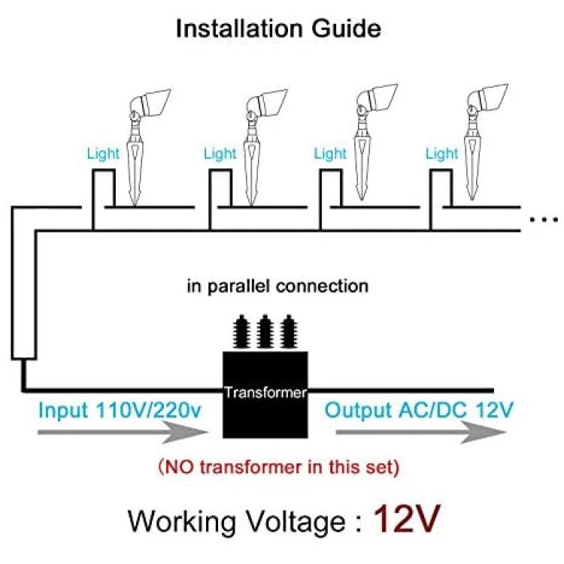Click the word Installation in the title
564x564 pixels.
click(x=238, y=29)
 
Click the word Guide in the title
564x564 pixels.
click(x=347, y=29)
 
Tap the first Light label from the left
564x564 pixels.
click(x=103, y=154)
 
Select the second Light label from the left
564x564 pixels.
click(x=220, y=154)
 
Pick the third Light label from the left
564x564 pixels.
click(x=330, y=154)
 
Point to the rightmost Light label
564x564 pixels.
click(x=441, y=154)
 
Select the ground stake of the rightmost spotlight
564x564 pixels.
click(x=472, y=158)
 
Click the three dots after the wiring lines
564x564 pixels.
click(x=544, y=219)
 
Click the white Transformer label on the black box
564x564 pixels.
click(x=265, y=393)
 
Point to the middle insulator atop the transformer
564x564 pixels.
click(x=265, y=332)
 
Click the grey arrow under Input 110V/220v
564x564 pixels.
click(x=123, y=432)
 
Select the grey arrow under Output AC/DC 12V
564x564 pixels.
click(x=421, y=432)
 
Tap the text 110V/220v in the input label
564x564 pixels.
click(x=149, y=411)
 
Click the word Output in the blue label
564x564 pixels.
click(x=358, y=411)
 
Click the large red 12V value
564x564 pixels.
click(x=407, y=519)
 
